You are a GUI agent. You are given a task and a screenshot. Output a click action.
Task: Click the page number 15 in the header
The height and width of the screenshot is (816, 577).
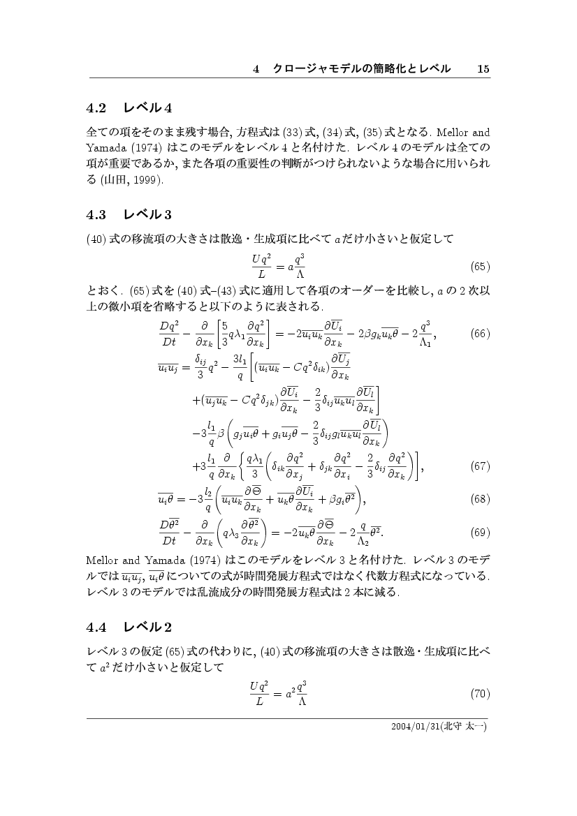coord(483,69)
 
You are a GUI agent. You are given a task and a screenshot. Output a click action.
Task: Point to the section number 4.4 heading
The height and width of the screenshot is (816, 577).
coord(96,627)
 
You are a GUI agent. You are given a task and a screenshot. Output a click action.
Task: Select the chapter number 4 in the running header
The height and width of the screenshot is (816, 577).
coord(256,69)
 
